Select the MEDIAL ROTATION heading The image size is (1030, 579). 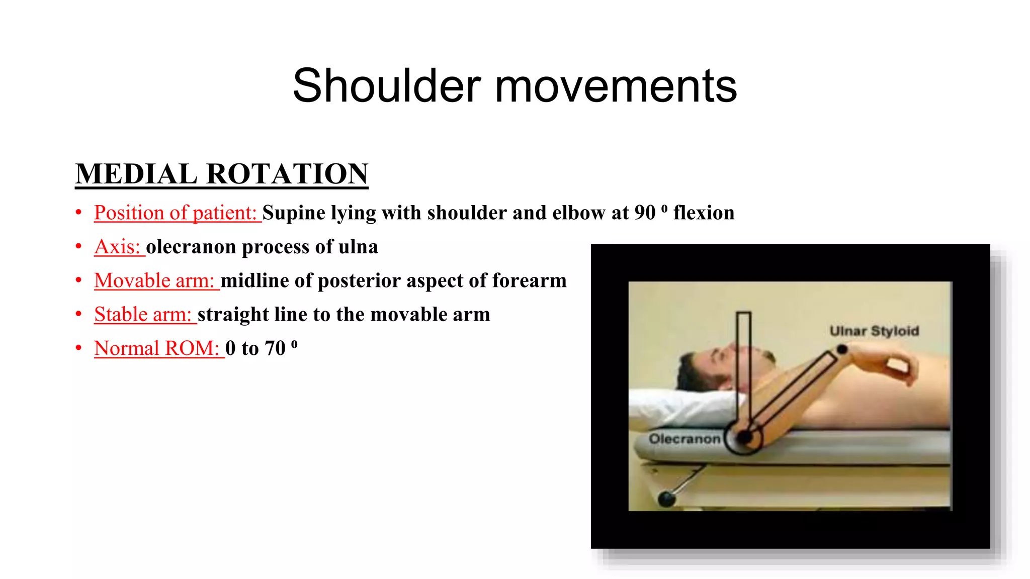click(222, 174)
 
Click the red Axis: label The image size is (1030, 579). click(118, 247)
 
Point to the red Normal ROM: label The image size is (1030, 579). click(157, 348)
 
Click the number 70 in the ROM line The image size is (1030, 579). click(275, 348)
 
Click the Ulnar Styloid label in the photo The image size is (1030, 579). click(874, 331)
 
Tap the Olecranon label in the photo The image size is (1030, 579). click(684, 439)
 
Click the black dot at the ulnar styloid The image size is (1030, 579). click(842, 349)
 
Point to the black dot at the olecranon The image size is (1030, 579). click(745, 437)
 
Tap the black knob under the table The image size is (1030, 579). click(666, 499)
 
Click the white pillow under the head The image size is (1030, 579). click(674, 407)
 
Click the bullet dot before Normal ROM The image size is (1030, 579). click(78, 348)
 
